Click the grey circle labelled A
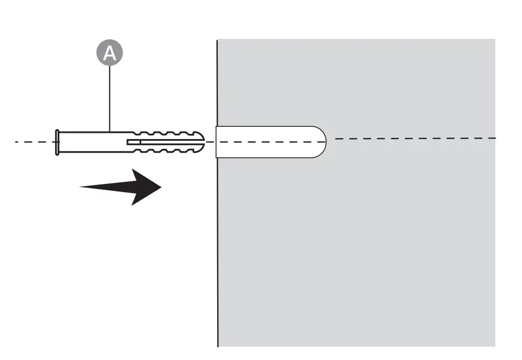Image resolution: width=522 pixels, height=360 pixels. [109, 53]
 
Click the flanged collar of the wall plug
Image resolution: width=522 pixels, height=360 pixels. [57, 142]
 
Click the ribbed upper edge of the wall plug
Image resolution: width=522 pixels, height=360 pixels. [165, 132]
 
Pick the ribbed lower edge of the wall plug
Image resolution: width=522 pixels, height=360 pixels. [165, 151]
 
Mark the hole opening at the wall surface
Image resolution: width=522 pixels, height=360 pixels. [217, 142]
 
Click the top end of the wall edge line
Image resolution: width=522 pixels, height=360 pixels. [217, 41]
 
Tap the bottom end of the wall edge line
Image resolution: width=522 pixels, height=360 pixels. [218, 346]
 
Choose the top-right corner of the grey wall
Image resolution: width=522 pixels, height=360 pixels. [494, 40]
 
